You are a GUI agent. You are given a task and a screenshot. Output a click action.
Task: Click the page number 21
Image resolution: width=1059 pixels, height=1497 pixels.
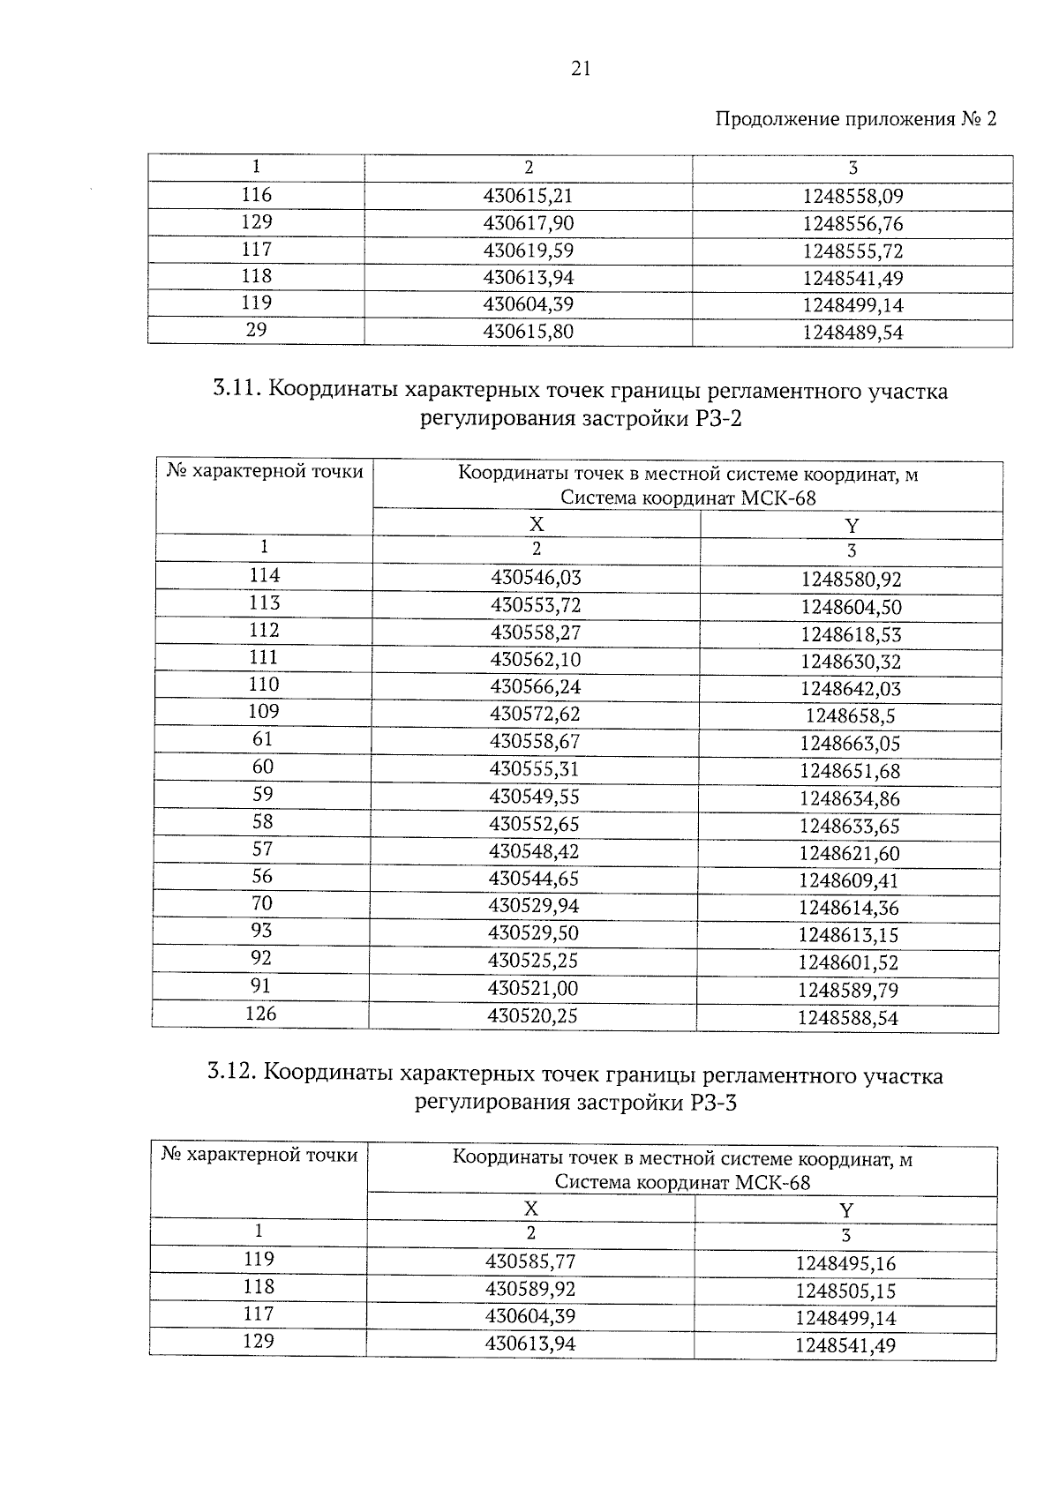(x=581, y=70)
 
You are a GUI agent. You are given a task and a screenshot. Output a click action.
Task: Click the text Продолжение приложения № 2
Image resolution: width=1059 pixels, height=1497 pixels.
(x=854, y=119)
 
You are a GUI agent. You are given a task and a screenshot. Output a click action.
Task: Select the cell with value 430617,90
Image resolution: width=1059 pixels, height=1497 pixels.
(x=528, y=223)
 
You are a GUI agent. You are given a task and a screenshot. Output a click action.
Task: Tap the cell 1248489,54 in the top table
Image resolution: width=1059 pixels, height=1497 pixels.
(x=852, y=333)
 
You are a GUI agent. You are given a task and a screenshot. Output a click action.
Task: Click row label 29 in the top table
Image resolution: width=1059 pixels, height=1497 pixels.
(x=256, y=330)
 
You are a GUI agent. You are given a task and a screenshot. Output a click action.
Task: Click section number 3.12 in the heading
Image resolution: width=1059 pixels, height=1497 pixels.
(x=231, y=1074)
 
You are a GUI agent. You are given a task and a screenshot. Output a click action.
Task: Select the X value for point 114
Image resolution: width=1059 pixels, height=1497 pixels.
(x=536, y=578)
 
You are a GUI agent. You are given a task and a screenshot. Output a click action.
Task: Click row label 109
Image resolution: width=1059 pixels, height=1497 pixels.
(x=263, y=712)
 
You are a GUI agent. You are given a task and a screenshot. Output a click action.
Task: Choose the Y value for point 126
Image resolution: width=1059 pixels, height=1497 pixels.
(x=847, y=1018)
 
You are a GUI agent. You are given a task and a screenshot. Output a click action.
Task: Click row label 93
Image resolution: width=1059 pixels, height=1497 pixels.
(x=261, y=932)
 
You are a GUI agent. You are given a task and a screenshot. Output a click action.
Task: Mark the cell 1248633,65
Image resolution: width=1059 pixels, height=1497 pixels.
(x=849, y=827)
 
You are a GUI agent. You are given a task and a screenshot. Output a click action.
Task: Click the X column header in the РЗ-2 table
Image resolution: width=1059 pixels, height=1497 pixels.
(x=536, y=525)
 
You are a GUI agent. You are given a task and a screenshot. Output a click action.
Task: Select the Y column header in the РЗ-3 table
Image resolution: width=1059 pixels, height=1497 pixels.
(x=845, y=1210)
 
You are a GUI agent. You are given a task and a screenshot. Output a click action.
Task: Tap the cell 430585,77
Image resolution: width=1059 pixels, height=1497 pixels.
(x=529, y=1262)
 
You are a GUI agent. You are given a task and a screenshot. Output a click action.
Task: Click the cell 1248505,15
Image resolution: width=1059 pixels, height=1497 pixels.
(x=845, y=1291)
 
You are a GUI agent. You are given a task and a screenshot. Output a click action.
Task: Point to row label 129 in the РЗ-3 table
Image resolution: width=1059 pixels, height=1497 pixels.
(x=258, y=1342)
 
